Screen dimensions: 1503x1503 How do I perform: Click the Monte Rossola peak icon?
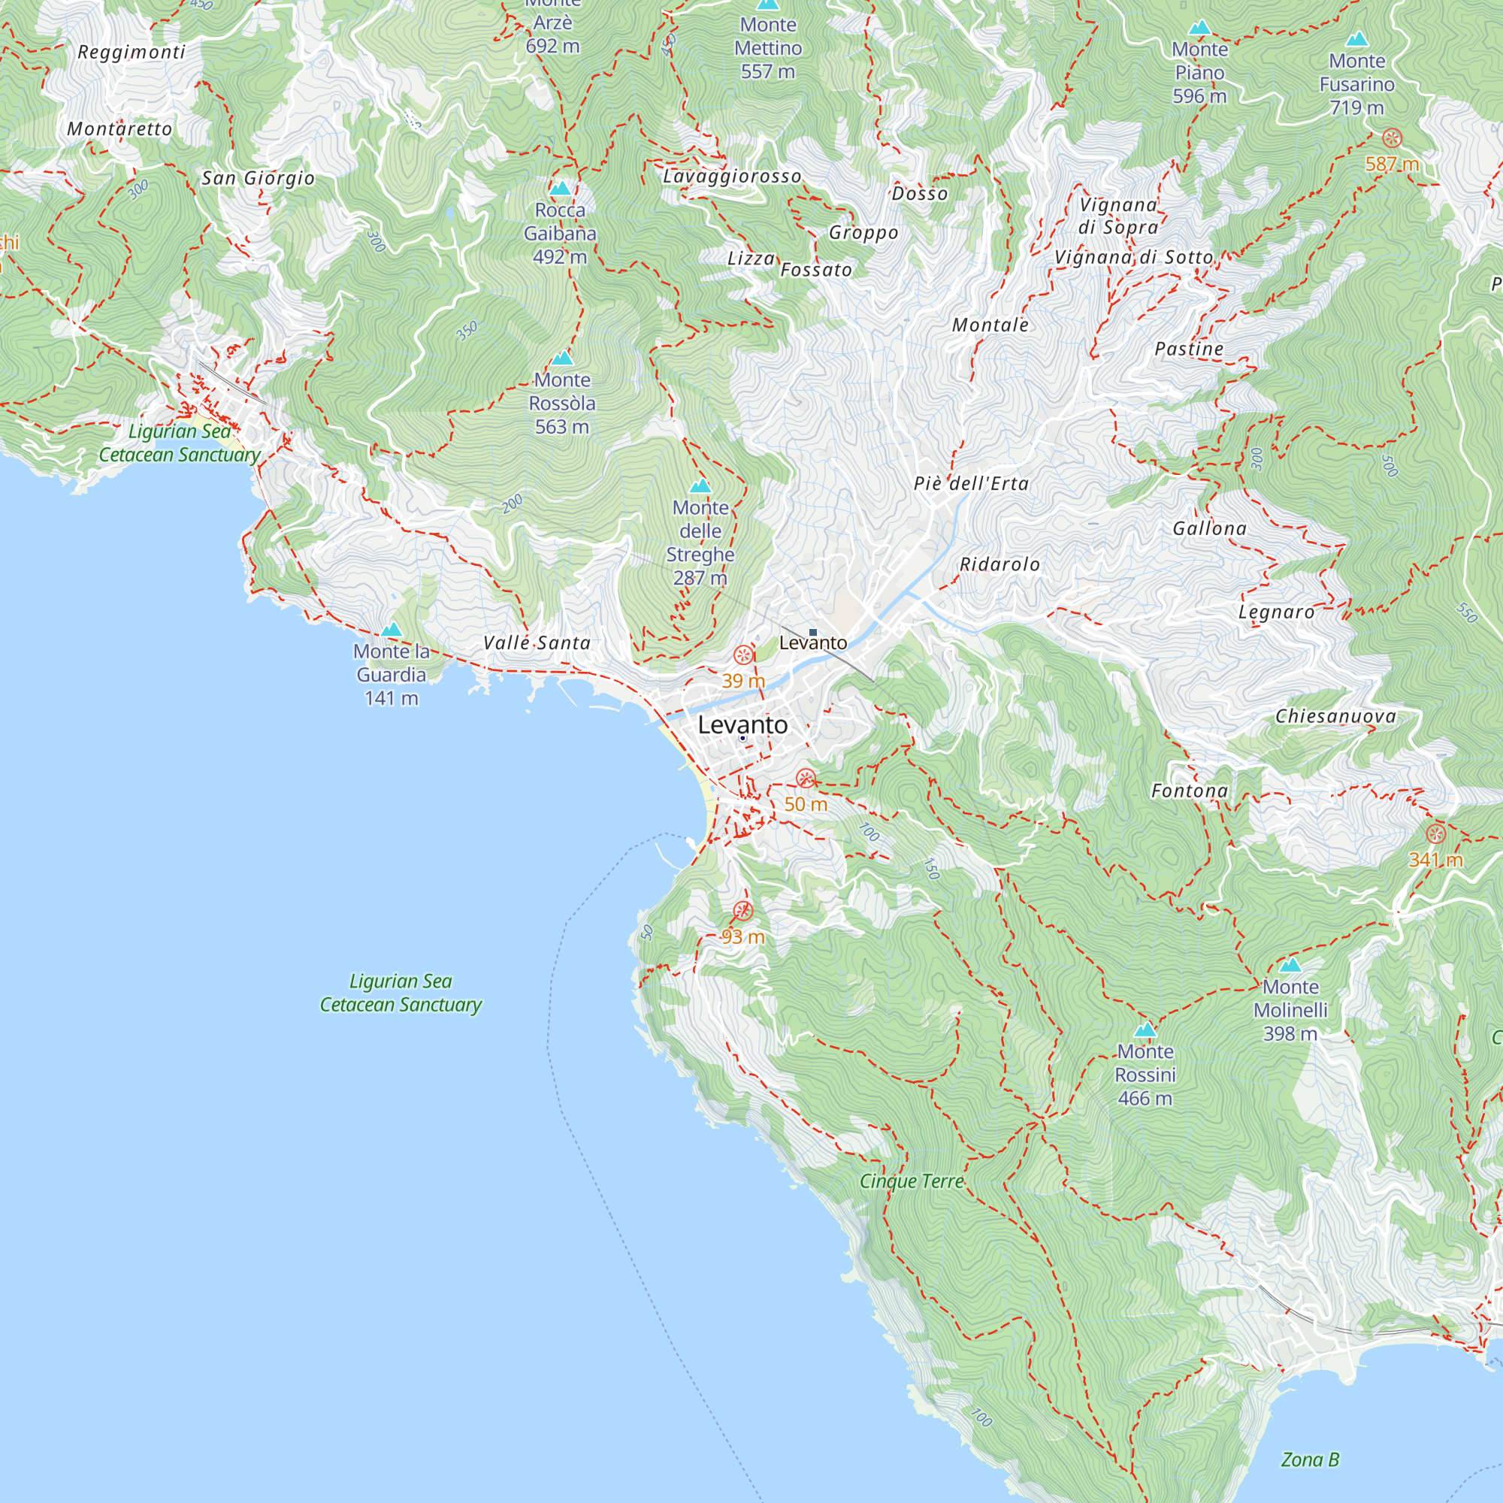[x=561, y=358]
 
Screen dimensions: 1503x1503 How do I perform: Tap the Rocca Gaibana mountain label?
[x=560, y=233]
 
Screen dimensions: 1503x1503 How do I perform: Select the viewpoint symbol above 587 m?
[x=1392, y=139]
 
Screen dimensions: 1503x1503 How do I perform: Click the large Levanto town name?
[x=742, y=724]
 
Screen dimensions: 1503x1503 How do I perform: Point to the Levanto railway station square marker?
[x=813, y=633]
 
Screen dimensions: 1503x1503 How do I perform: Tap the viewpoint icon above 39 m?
[x=743, y=655]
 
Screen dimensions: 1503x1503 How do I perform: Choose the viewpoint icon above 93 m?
[x=743, y=910]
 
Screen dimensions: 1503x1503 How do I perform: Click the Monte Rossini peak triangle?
[x=1145, y=1030]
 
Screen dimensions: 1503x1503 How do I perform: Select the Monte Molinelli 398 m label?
[x=1290, y=1009]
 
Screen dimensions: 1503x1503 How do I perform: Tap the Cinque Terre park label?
[x=911, y=1181]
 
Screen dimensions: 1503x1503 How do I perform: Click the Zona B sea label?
[x=1310, y=1459]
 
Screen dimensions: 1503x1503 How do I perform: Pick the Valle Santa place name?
[x=537, y=643]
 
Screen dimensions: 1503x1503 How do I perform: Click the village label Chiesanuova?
[x=1335, y=715]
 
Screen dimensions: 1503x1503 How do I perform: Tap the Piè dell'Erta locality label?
[x=971, y=483]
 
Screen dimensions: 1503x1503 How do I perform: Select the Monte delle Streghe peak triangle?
[x=700, y=486]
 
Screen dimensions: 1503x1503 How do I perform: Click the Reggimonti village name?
[x=132, y=52]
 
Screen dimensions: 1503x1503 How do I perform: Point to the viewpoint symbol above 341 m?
[x=1435, y=834]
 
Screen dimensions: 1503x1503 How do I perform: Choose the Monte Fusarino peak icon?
[x=1356, y=39]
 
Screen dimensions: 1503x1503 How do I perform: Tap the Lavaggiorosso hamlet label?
[x=731, y=177]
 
